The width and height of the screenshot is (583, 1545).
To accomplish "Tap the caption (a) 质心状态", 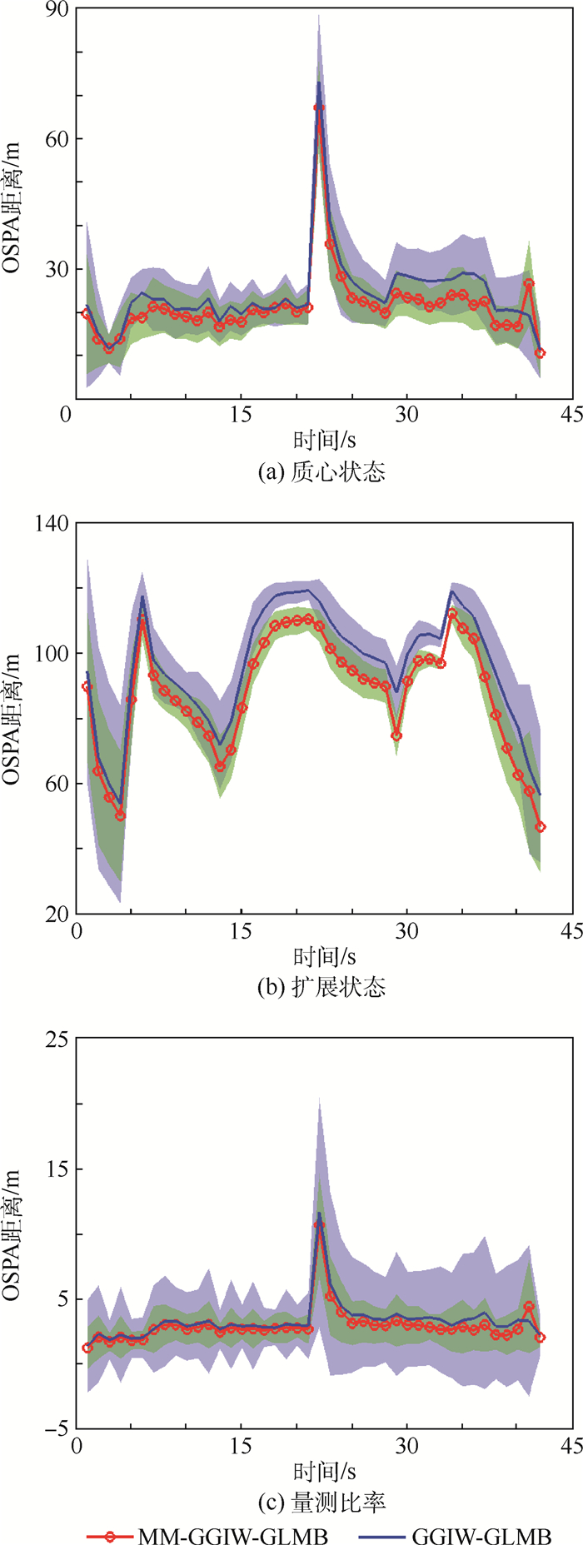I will [323, 473].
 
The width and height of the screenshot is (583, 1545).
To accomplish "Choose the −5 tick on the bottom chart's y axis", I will [57, 1429].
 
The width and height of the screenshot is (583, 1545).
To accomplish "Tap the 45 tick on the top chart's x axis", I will [572, 415].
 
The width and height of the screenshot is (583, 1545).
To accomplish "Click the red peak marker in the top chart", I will [319, 107].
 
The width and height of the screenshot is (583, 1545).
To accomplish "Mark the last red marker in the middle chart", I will [541, 827].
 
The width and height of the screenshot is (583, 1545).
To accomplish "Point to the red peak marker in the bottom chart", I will [319, 1224].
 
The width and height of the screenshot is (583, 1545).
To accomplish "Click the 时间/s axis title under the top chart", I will [323, 439].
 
